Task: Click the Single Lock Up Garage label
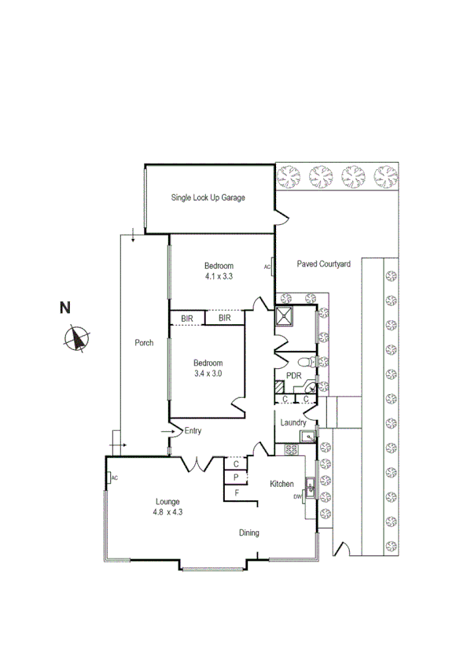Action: (208, 197)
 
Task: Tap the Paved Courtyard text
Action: (323, 265)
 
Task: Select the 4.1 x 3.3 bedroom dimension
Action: (219, 277)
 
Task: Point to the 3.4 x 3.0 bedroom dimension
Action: (208, 374)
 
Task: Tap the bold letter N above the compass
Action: (67, 308)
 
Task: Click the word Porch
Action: (144, 343)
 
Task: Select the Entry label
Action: (193, 431)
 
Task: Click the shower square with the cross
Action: (283, 316)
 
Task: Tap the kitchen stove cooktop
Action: (290, 450)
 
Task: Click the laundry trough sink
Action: (310, 435)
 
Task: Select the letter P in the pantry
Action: (235, 477)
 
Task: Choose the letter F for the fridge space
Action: (235, 493)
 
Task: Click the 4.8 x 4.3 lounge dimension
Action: (167, 512)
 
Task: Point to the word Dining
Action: (249, 533)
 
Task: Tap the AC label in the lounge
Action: (114, 478)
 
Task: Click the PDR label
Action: (294, 376)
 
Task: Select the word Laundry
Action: (293, 423)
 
